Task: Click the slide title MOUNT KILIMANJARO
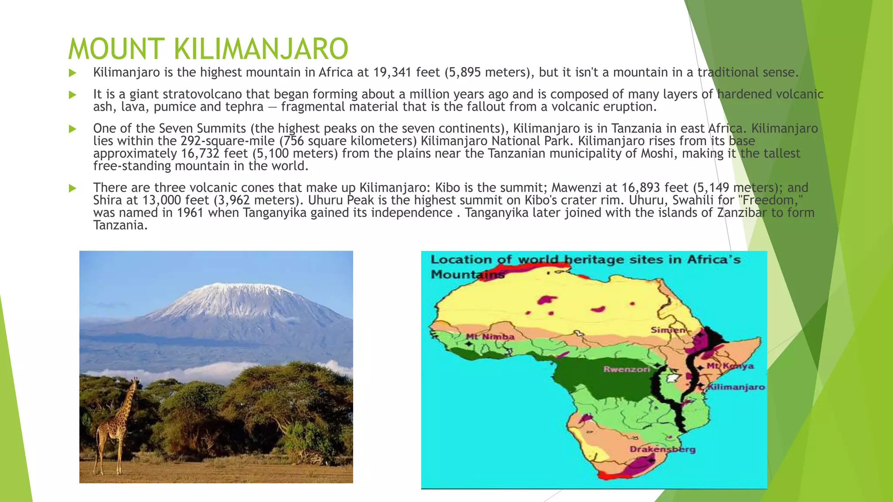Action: tap(208, 49)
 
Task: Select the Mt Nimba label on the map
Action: tap(490, 337)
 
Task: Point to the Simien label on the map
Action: tap(668, 330)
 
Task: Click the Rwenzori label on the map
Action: tap(626, 370)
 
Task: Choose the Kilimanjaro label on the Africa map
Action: tap(736, 387)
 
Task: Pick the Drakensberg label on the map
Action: tap(662, 449)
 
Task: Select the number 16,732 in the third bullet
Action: tap(201, 153)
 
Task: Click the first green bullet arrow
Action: tap(72, 73)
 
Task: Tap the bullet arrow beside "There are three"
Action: tap(72, 188)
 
